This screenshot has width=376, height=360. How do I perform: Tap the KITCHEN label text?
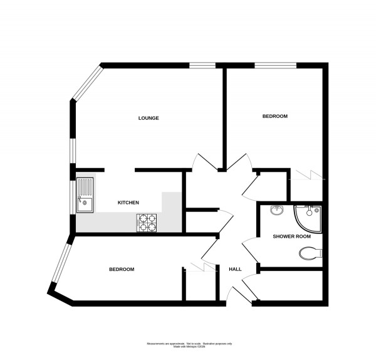[x=128, y=203]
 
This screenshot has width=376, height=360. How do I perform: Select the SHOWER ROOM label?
[x=291, y=236]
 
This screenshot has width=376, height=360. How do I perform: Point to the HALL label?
[x=235, y=269]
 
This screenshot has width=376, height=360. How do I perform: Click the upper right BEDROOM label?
[x=274, y=117]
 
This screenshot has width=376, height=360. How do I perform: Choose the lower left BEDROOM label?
[x=122, y=269]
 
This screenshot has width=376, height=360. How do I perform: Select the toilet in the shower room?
[x=310, y=253]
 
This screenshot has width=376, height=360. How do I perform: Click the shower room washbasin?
[x=276, y=211]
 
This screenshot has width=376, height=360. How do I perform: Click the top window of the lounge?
[x=203, y=64]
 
